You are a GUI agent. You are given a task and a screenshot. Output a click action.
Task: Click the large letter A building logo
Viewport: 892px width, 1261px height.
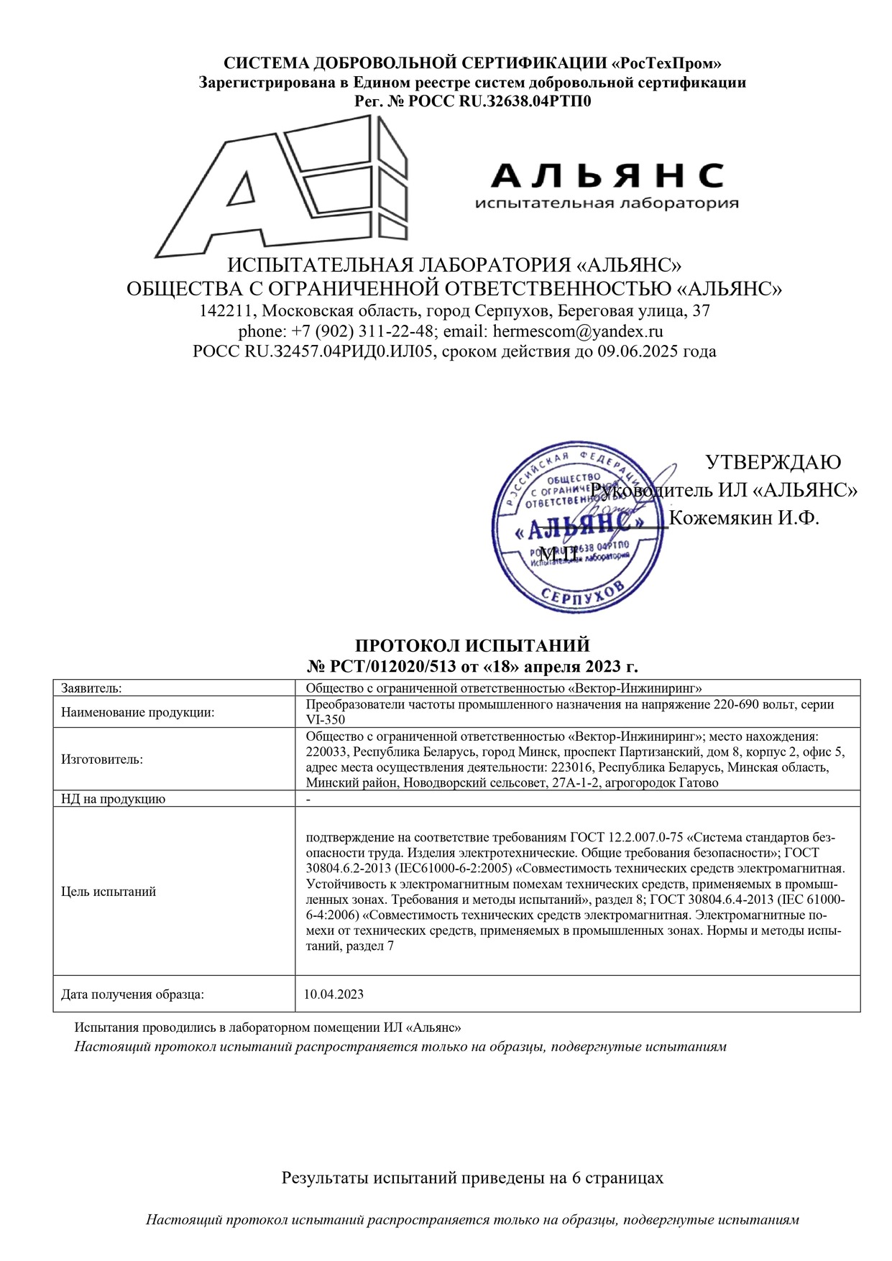(280, 190)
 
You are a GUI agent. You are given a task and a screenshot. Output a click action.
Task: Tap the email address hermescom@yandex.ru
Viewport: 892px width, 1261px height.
(578, 331)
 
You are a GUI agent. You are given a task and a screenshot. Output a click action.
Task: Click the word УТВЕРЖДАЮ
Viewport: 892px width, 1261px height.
(773, 462)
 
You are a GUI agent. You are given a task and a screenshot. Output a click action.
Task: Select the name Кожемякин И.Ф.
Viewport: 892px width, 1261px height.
(744, 517)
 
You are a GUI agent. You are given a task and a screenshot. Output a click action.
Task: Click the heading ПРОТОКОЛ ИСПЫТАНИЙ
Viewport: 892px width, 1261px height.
(472, 645)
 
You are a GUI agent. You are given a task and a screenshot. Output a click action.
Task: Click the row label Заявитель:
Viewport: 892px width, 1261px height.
(91, 688)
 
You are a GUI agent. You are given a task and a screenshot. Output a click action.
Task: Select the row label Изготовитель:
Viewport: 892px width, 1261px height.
(102, 759)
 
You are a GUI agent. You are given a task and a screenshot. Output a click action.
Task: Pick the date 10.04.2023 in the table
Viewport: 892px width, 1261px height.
(334, 994)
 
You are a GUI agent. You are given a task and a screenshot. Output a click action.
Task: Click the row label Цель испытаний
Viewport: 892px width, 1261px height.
(109, 892)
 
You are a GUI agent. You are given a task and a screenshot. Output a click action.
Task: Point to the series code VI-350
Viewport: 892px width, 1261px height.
(326, 719)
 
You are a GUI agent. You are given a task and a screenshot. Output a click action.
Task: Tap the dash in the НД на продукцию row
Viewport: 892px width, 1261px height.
(308, 799)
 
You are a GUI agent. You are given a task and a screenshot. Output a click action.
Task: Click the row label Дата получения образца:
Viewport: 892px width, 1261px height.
(132, 994)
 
